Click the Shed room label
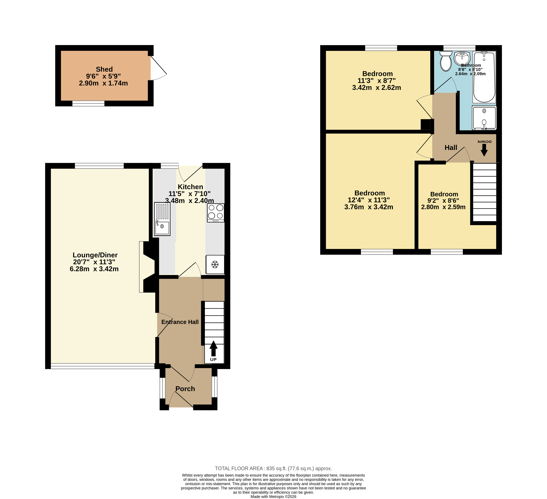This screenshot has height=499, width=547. point(104,69)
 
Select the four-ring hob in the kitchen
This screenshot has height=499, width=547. point(216,213)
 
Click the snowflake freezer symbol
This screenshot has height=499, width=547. point(215,264)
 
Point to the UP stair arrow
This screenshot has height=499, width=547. point(214,349)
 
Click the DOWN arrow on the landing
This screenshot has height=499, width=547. point(484,150)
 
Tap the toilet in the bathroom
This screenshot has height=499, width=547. point(446,61)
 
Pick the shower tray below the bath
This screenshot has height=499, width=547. point(484,118)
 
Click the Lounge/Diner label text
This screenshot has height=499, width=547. point(95,255)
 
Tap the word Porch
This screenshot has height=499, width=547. point(185,389)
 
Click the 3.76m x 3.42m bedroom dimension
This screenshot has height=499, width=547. point(369,207)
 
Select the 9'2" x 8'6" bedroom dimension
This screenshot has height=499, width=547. point(443,201)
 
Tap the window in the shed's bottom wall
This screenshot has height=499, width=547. point(88,103)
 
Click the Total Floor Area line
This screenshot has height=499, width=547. point(274,468)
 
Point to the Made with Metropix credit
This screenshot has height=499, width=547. point(274,497)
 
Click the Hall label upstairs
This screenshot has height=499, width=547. point(451,148)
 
